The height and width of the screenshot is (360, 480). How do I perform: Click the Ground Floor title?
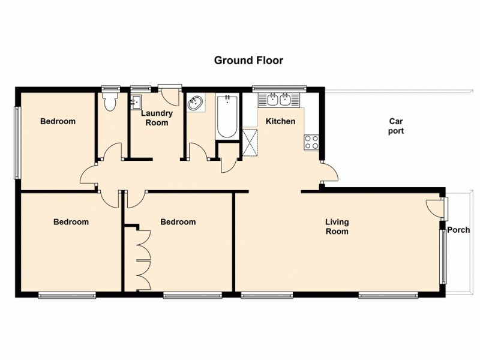pyautogui.click(x=248, y=60)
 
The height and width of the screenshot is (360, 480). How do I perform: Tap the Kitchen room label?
pyautogui.click(x=280, y=121)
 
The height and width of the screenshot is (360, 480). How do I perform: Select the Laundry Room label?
pyautogui.click(x=157, y=118)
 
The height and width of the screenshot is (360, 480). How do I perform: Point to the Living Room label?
pyautogui.click(x=336, y=226)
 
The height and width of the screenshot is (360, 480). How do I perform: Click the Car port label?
pyautogui.click(x=395, y=125)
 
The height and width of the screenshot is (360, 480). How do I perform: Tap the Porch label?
pyautogui.click(x=458, y=230)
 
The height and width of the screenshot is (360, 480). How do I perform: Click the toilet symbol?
pyautogui.click(x=109, y=103)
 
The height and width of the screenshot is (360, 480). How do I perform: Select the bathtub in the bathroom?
pyautogui.click(x=227, y=115)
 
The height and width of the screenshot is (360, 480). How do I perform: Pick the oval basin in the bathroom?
pyautogui.click(x=196, y=104)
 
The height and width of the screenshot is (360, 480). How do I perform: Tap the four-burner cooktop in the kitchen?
pyautogui.click(x=311, y=142)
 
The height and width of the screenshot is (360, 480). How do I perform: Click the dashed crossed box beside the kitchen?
pyautogui.click(x=250, y=142)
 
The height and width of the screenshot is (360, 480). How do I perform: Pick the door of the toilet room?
pyautogui.click(x=112, y=152)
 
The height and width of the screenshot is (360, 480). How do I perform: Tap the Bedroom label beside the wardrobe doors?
pyautogui.click(x=178, y=222)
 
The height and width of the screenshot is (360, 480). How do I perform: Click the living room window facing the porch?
pyautogui.click(x=444, y=257)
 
